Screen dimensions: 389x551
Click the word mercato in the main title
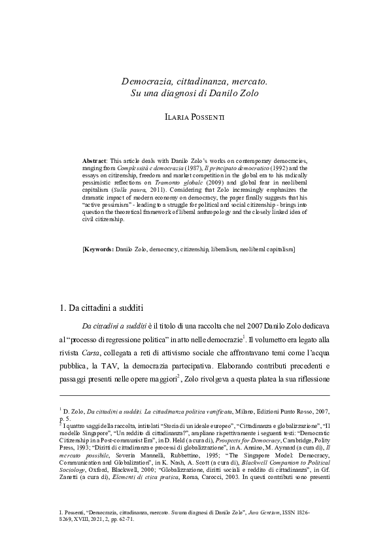coord(246,82)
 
